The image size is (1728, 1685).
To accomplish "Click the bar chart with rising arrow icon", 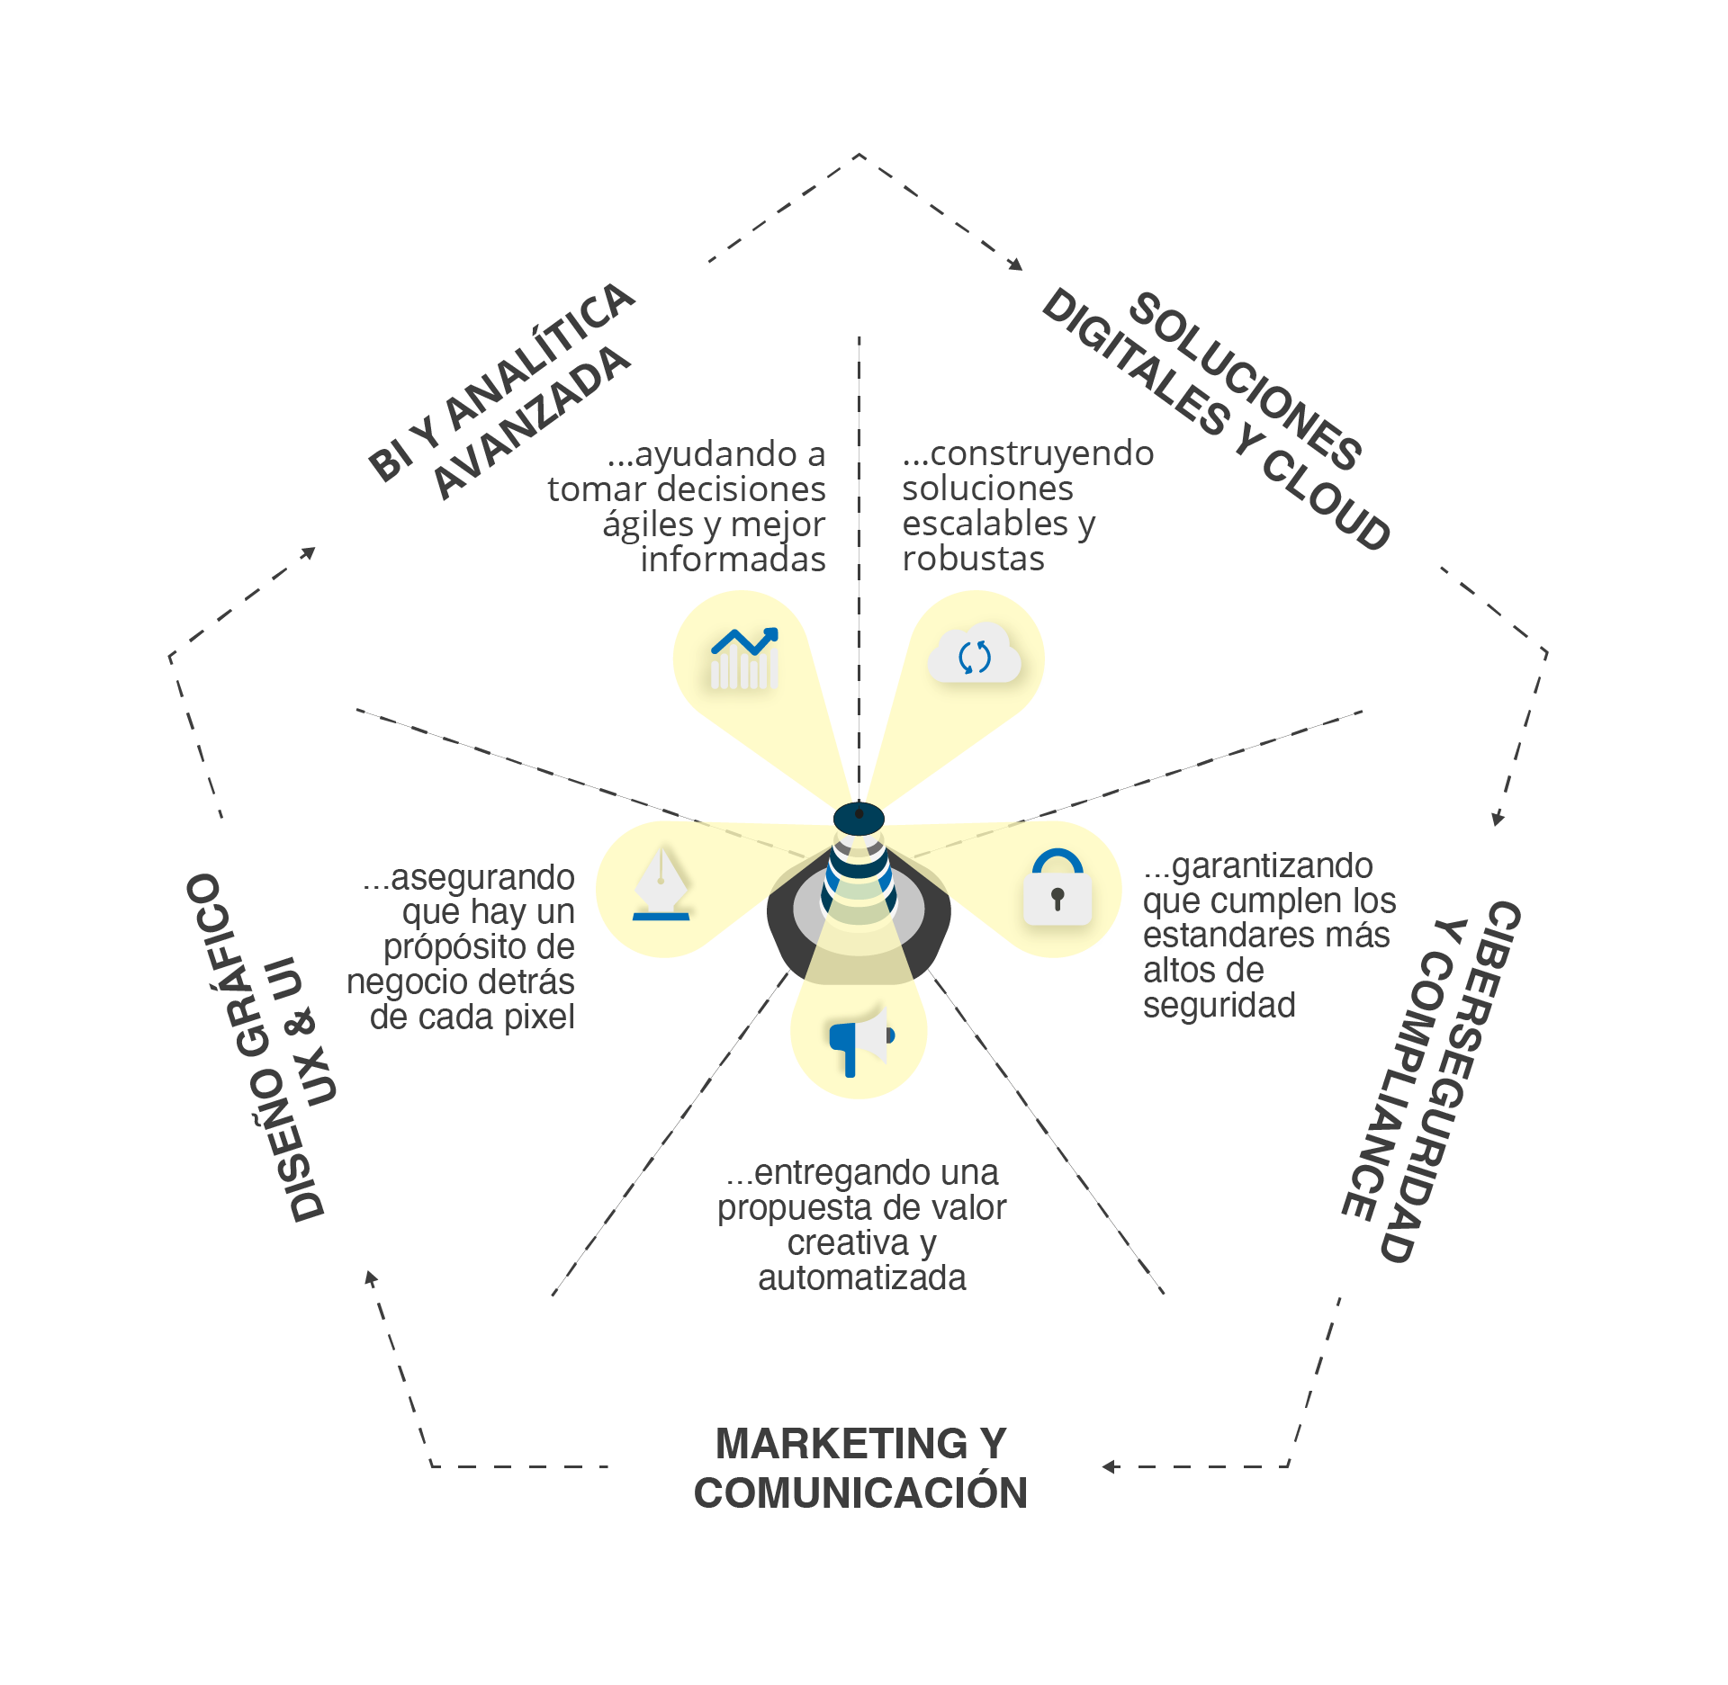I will (x=743, y=659).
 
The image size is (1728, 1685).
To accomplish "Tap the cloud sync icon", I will (x=975, y=654).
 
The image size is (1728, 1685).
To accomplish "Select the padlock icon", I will (x=1057, y=889).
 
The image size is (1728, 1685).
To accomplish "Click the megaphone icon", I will (x=860, y=1040).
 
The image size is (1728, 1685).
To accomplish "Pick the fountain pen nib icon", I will (x=661, y=883).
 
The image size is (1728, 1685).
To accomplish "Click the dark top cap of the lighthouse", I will (x=859, y=818).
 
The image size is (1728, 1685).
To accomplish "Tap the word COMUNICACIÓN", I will (x=860, y=1493).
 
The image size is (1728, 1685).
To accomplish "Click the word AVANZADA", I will (x=531, y=424).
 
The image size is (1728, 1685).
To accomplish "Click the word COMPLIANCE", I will (x=1396, y=1088).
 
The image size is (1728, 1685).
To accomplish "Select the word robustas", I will (x=973, y=559).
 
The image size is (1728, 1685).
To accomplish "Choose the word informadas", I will (x=733, y=560).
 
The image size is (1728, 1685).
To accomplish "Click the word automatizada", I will (x=861, y=1277).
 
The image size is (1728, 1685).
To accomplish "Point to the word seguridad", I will (x=1219, y=1005).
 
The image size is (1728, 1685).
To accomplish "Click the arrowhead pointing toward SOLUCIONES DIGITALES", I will (x=1016, y=264).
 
